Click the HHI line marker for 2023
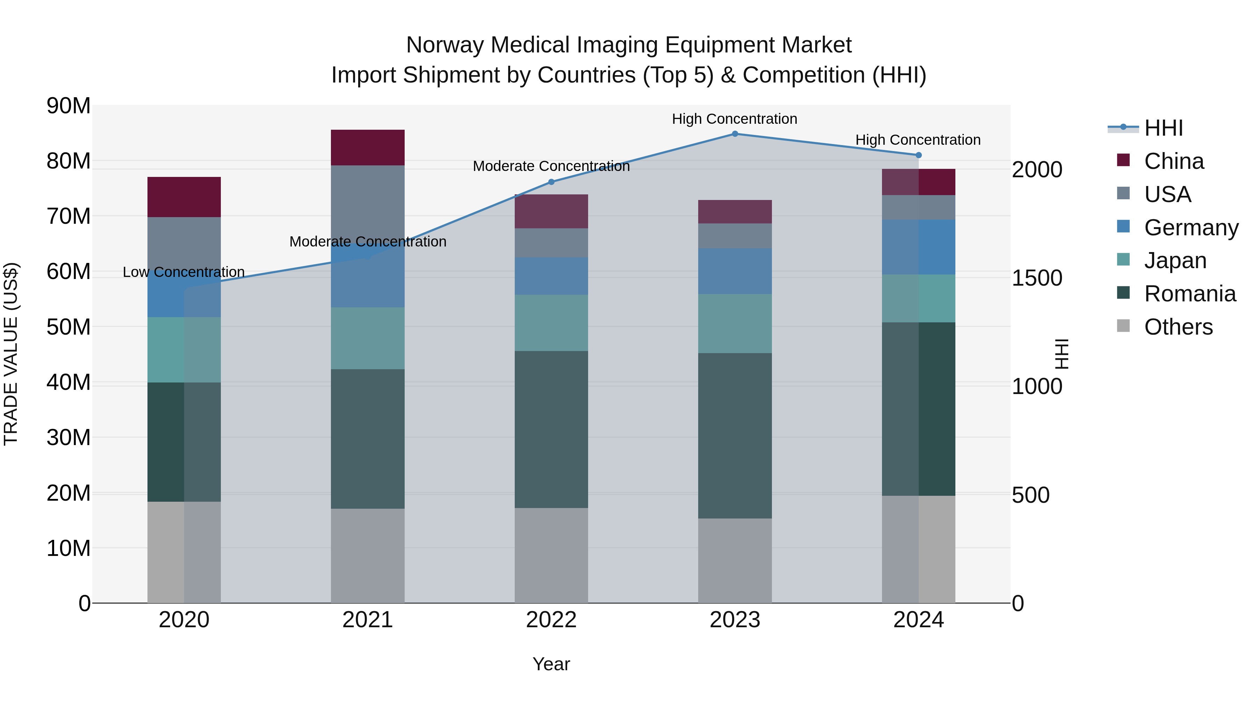(735, 134)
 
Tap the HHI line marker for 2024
(918, 155)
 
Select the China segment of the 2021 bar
(367, 147)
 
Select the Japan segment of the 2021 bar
(367, 338)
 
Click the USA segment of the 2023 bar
(735, 236)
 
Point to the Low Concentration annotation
(183, 272)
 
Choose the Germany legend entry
(1191, 228)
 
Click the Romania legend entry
(1189, 294)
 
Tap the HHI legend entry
(1163, 128)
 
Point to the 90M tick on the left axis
(68, 106)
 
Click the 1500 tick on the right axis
(1037, 278)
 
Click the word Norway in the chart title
(446, 45)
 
